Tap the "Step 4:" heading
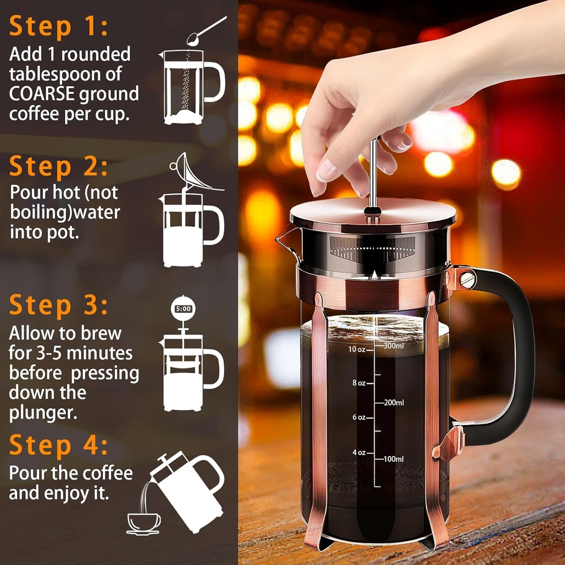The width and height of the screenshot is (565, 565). click(58, 446)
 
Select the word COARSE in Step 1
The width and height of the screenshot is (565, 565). click(42, 94)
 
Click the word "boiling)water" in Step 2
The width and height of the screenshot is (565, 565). click(65, 212)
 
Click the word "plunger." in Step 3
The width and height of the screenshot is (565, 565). click(42, 413)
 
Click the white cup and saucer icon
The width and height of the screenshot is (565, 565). click(143, 522)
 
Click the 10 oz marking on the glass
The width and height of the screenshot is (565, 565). click(356, 349)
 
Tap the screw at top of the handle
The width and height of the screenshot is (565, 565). click(467, 279)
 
